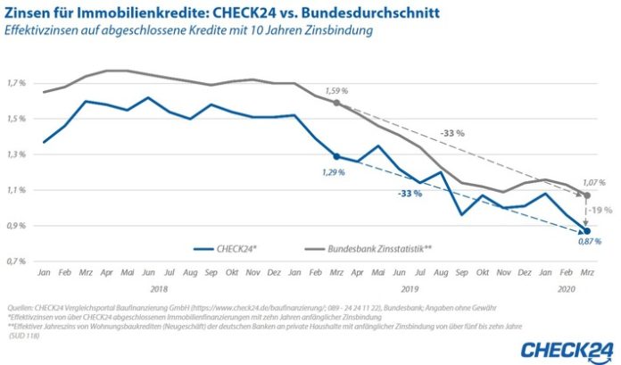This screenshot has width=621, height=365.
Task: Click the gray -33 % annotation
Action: [x=452, y=133]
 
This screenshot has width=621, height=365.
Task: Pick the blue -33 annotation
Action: [x=410, y=194]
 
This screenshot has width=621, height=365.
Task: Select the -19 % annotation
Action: [x=600, y=211]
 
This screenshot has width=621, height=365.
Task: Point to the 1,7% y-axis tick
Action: [x=17, y=83]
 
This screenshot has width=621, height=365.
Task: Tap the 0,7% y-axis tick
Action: [x=17, y=261]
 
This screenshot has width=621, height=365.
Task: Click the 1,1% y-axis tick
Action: [x=17, y=190]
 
